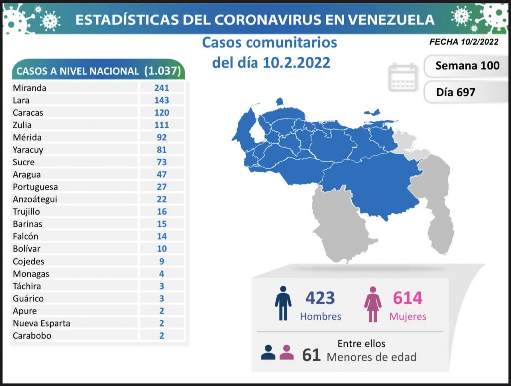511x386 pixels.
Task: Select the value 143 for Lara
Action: [161, 100]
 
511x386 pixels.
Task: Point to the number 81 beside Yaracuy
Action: [161, 150]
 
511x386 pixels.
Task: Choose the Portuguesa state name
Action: [35, 187]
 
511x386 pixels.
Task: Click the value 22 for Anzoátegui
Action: [161, 199]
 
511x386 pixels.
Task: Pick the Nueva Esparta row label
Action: [42, 323]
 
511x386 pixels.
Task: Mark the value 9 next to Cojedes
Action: [161, 261]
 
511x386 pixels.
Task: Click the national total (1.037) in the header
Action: [162, 70]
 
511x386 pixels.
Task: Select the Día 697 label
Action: [455, 92]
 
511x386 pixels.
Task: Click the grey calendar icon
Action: [402, 77]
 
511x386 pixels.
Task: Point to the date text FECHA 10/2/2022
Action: [463, 42]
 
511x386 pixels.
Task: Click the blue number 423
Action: [320, 298]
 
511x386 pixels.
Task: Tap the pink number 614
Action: [407, 298]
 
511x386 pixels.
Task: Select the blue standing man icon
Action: [283, 303]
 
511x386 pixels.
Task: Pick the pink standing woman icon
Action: [373, 303]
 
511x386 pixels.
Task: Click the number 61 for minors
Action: [311, 354]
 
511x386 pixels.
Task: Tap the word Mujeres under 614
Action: [408, 316]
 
